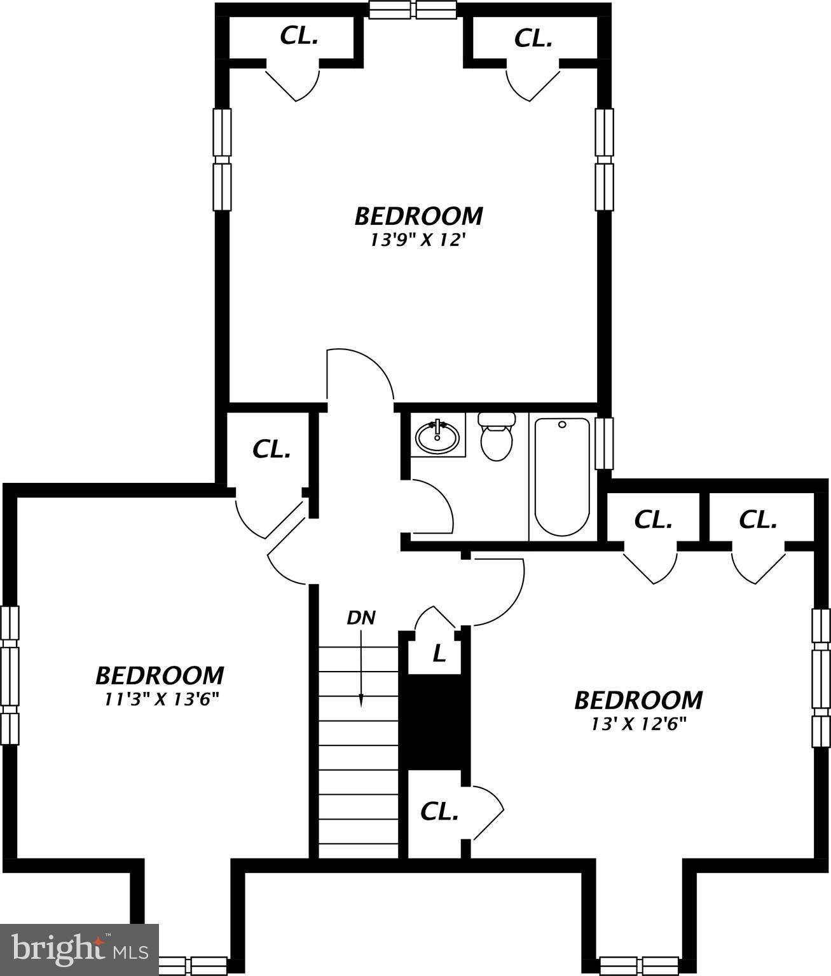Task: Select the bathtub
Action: tap(562, 477)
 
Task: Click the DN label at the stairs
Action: tap(361, 617)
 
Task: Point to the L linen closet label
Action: tap(439, 653)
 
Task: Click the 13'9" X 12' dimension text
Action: tap(414, 240)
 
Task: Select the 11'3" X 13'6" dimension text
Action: tap(161, 700)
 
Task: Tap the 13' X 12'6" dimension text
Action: tap(638, 724)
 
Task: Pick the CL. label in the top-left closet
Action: tap(299, 36)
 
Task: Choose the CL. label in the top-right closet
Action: tap(533, 39)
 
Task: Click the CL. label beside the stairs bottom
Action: tap(439, 811)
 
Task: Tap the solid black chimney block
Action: tap(434, 722)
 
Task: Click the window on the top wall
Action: tap(414, 10)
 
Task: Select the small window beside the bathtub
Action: tap(604, 443)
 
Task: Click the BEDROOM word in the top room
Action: tap(418, 216)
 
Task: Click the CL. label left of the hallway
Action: tap(271, 450)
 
